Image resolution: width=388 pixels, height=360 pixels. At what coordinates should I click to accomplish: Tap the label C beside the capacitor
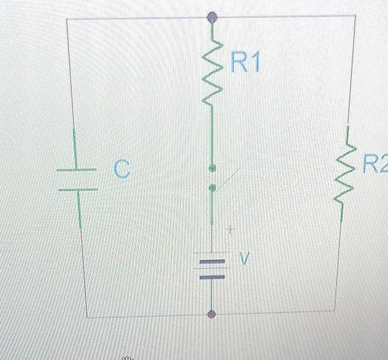(x=122, y=170)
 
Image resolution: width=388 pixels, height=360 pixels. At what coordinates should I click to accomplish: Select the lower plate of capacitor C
(x=78, y=190)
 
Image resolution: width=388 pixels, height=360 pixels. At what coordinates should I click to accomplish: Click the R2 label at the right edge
(x=375, y=164)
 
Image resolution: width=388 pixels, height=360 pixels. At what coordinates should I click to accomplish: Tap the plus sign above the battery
(x=232, y=228)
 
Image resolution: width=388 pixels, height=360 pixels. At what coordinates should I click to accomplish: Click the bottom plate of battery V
(x=212, y=276)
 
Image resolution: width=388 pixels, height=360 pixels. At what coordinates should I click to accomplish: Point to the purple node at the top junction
(x=211, y=18)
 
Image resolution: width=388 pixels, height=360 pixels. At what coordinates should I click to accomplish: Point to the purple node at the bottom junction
(x=211, y=315)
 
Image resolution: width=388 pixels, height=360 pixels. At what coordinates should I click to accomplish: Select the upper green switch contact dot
(x=211, y=167)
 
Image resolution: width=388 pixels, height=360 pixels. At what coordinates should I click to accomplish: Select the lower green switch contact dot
(x=211, y=189)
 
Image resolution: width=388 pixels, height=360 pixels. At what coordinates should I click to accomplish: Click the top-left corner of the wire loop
(x=67, y=18)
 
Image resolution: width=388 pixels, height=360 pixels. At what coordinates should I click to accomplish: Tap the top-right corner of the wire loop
(x=354, y=15)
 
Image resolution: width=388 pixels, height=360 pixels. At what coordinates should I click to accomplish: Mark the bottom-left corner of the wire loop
(x=87, y=317)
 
